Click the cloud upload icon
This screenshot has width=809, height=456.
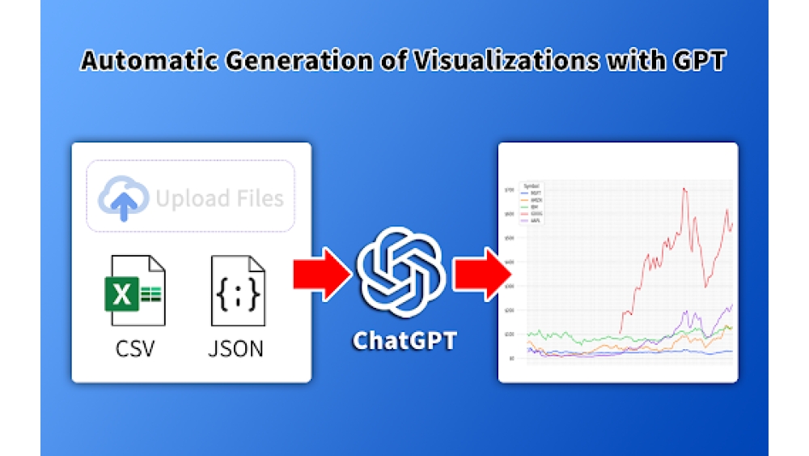[x=123, y=197]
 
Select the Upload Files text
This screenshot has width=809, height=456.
[x=219, y=198]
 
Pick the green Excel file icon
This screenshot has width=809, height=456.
[x=135, y=290]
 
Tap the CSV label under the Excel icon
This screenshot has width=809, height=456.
[x=135, y=348]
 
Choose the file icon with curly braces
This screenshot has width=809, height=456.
[x=237, y=290]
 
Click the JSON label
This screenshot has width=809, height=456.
[x=236, y=348]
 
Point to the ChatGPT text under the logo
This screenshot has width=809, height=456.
[x=404, y=340]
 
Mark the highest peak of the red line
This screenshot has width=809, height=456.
[x=685, y=189]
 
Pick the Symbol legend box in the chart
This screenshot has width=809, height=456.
[x=532, y=202]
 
